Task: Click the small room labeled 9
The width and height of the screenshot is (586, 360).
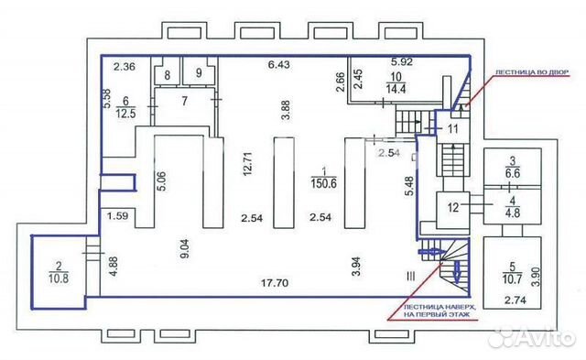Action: click(198, 72)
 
